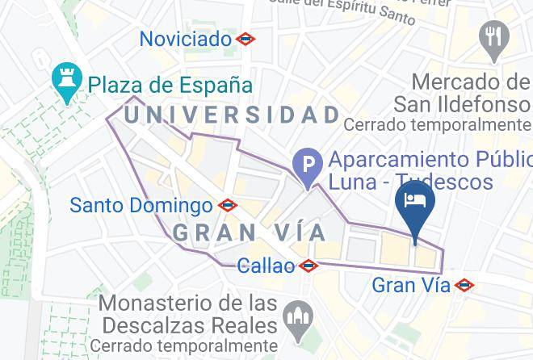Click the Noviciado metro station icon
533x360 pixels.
[246, 38]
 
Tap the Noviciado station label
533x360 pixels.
[186, 38]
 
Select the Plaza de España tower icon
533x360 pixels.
[63, 83]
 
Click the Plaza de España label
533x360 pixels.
[170, 84]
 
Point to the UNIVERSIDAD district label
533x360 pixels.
[233, 115]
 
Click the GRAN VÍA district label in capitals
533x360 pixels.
[250, 233]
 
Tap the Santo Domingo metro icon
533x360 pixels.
[228, 206]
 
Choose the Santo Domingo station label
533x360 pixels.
[141, 205]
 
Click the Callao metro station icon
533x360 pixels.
[308, 266]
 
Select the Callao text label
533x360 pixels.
[266, 266]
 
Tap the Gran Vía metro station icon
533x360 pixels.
[464, 285]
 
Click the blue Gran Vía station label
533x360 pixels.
[409, 285]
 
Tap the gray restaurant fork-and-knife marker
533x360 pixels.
[493, 37]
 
